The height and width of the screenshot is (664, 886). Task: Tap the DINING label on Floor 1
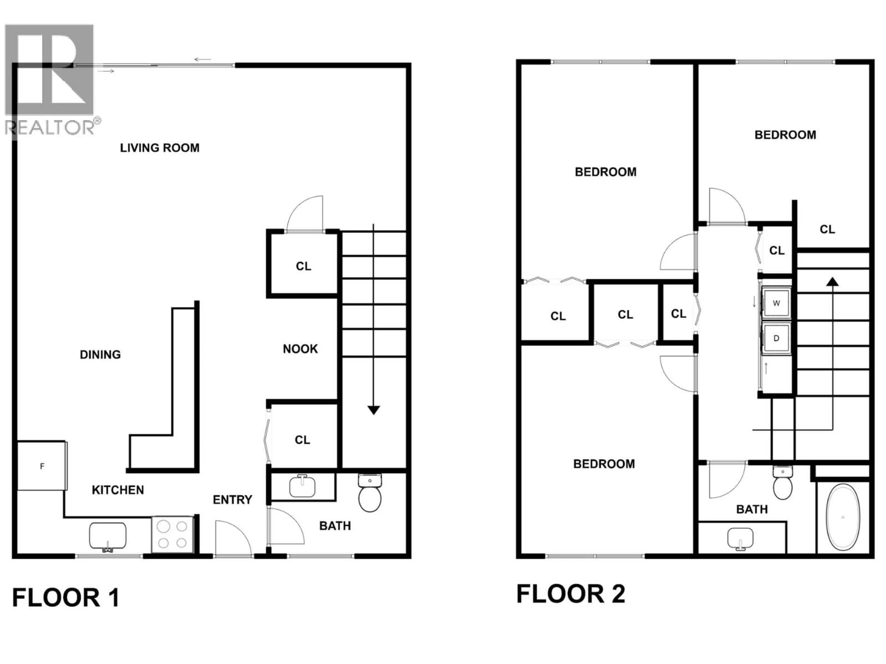100,355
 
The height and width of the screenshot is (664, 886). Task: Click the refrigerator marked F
42,466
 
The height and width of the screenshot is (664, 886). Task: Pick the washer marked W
776,303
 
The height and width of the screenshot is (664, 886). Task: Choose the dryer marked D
776,338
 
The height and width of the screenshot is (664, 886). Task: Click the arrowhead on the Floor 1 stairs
373,410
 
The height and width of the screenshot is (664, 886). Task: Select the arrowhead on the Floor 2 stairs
833,282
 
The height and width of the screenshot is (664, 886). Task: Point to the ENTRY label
232,500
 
